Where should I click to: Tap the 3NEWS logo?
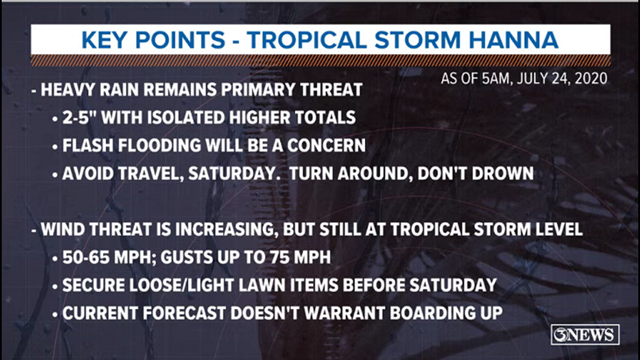(585, 335)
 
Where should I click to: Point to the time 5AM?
(497, 79)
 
